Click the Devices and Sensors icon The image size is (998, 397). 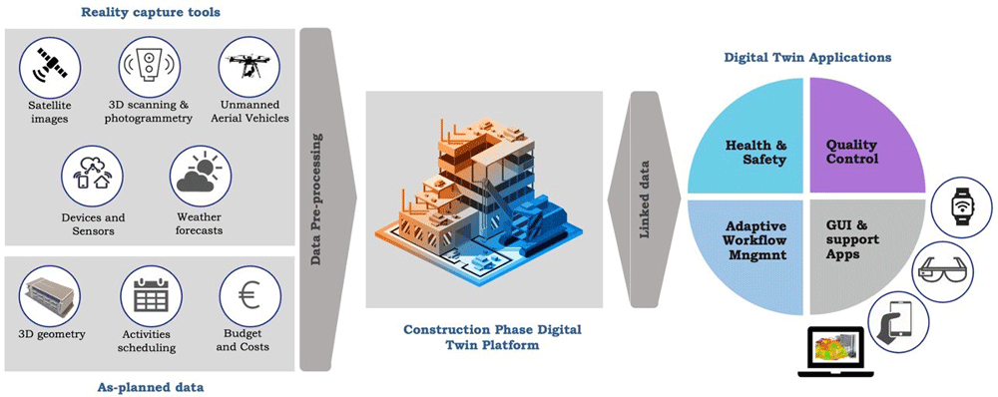[92, 176]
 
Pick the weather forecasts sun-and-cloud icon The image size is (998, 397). [201, 176]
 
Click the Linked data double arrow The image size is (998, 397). [644, 198]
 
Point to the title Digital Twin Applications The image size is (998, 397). [807, 57]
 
